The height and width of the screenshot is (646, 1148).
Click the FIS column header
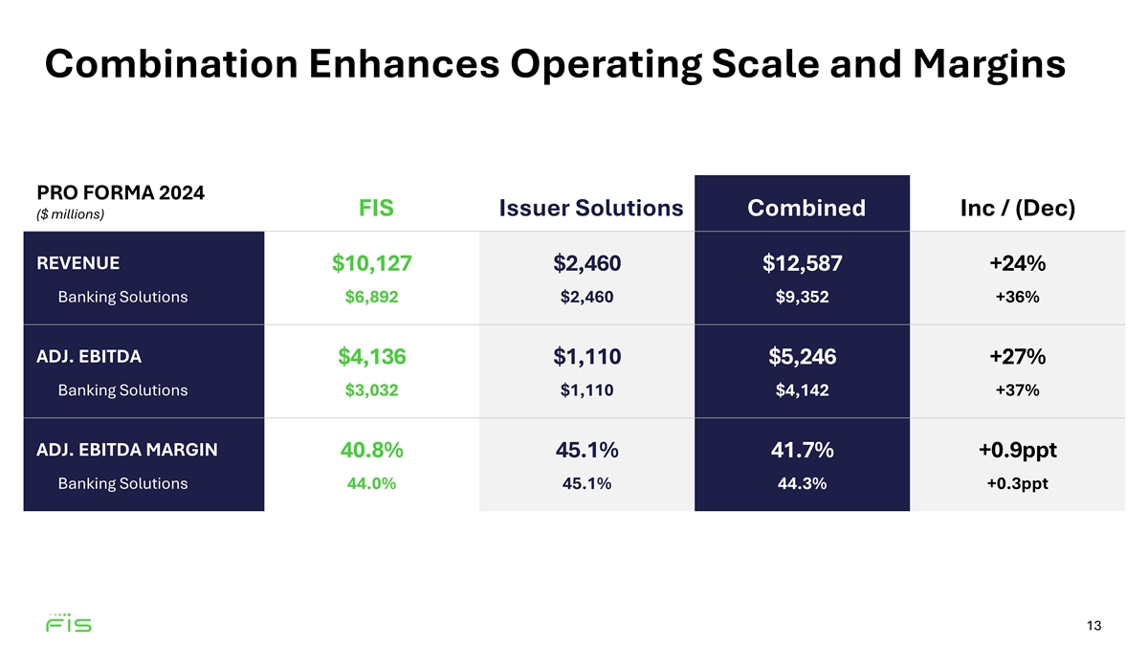pos(376,208)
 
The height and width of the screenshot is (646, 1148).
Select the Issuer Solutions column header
pos(590,208)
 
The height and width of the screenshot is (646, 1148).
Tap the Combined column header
pos(806,208)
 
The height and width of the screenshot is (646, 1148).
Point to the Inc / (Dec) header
pos(1017,208)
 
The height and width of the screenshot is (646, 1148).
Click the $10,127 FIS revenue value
pos(371,263)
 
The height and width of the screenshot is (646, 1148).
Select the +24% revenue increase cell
pos(1017,263)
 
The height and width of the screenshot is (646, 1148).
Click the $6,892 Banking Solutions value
pos(371,297)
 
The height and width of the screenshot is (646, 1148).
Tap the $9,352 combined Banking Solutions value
pos(803,297)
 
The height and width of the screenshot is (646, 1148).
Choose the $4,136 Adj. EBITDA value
pos(371,357)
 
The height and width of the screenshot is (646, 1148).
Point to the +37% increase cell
pos(1017,390)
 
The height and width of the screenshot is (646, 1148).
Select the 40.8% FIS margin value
pos(371,450)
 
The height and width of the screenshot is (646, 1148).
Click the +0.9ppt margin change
pos(1017,450)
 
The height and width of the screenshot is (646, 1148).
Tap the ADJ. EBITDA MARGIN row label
pos(126,449)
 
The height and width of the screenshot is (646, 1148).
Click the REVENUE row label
pos(77,262)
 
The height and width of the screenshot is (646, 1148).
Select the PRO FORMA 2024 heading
pos(120,192)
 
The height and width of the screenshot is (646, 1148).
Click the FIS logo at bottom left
pos(69,624)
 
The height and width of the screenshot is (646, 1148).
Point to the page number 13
pos(1094,626)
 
